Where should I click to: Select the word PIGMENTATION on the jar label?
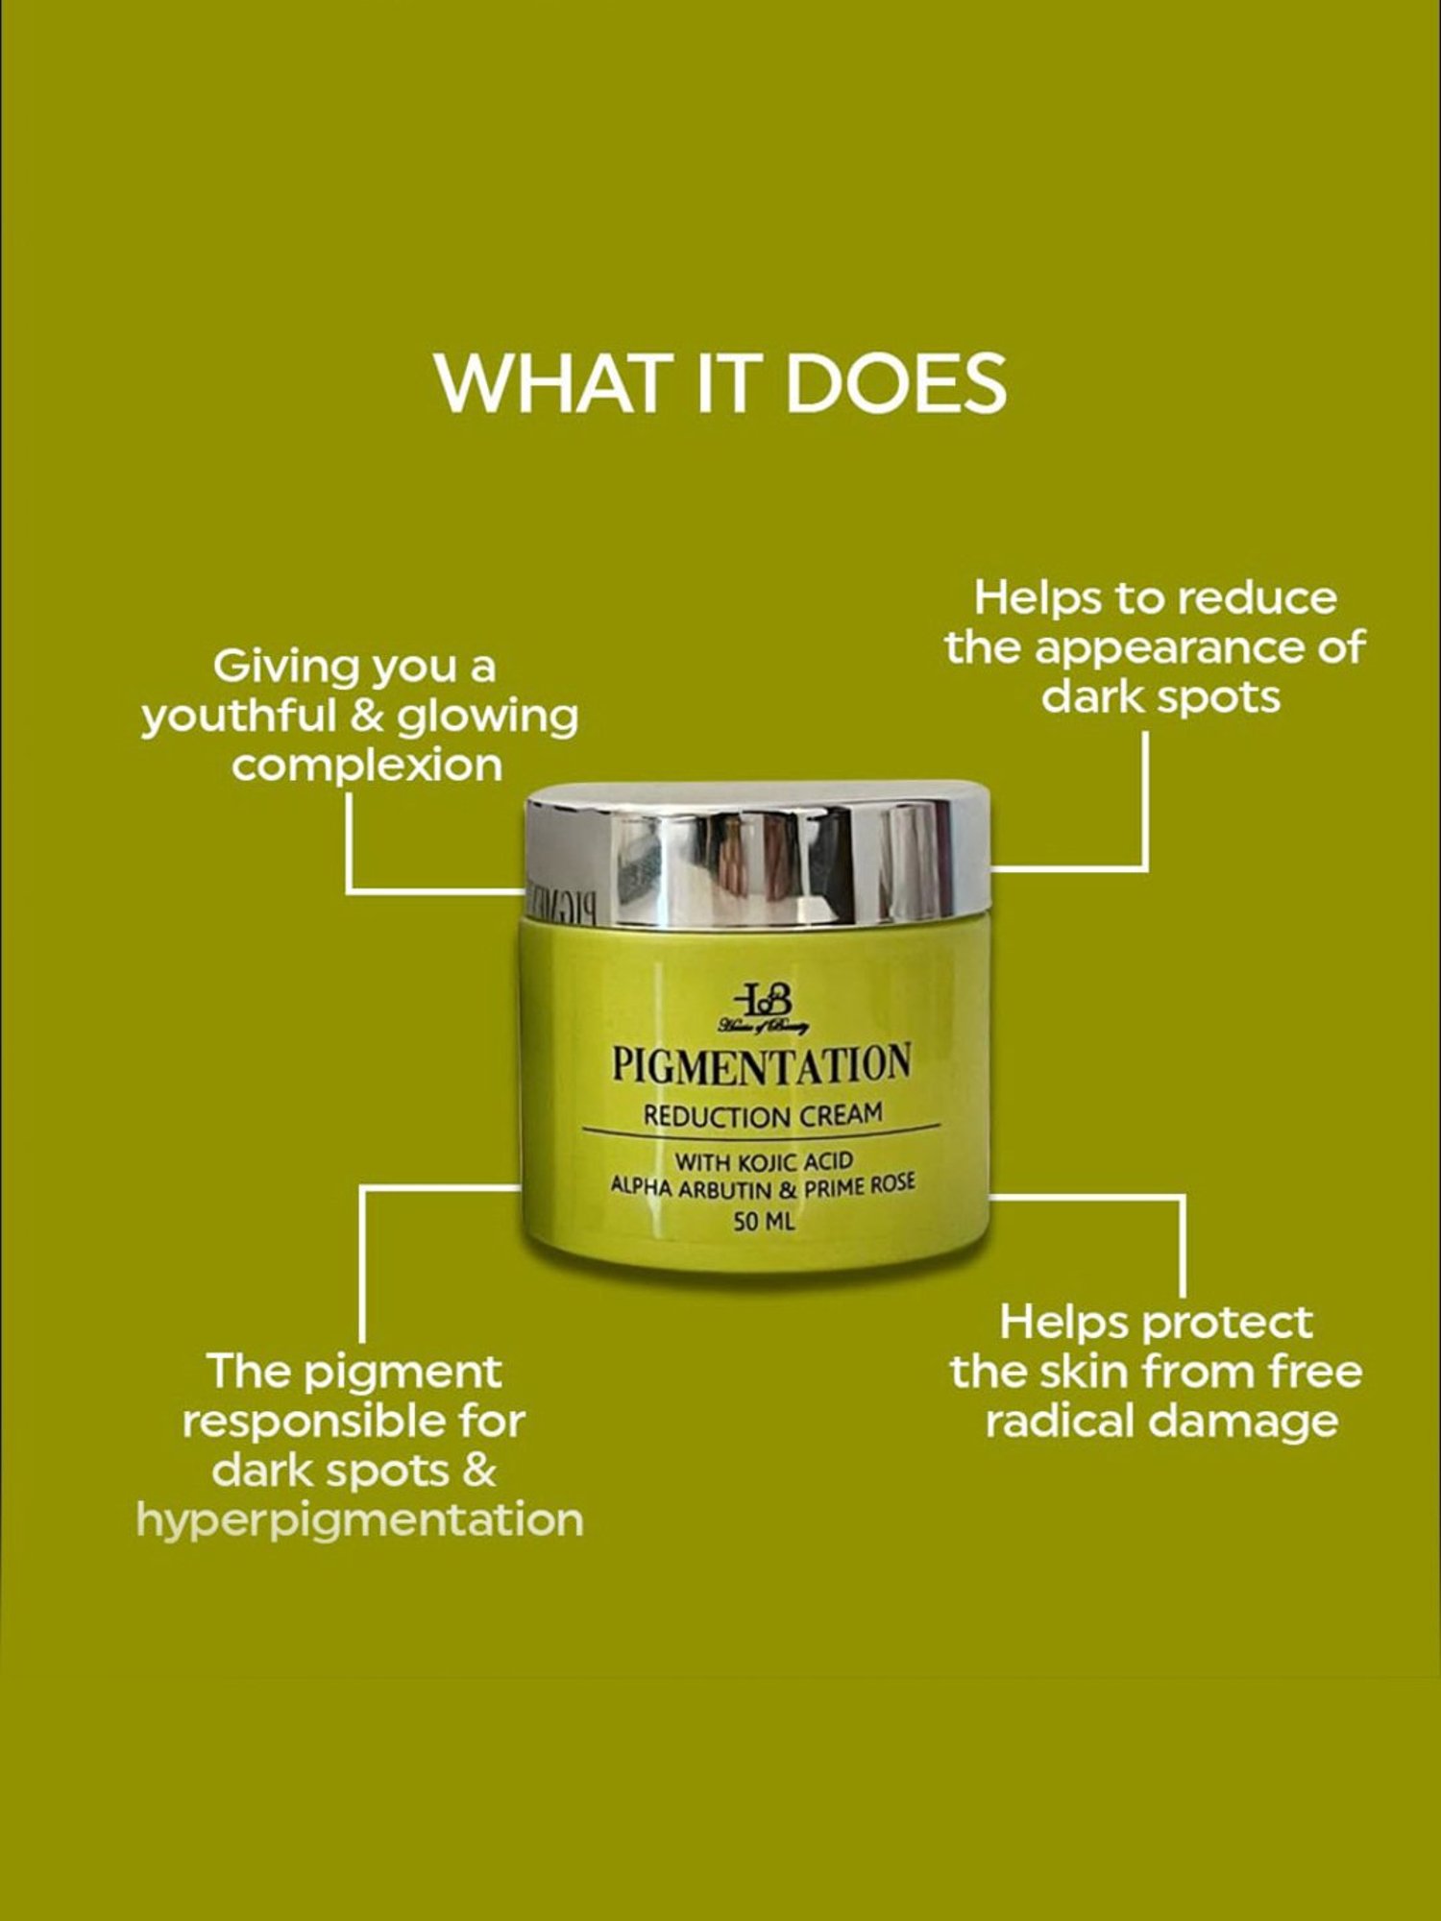point(761,1065)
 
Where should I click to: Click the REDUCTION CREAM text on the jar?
point(763,1116)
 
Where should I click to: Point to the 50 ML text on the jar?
point(764,1223)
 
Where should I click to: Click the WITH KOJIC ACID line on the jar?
point(764,1161)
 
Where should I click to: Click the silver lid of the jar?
point(759,855)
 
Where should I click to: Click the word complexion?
point(367,766)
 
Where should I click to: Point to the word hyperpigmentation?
point(360,1520)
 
